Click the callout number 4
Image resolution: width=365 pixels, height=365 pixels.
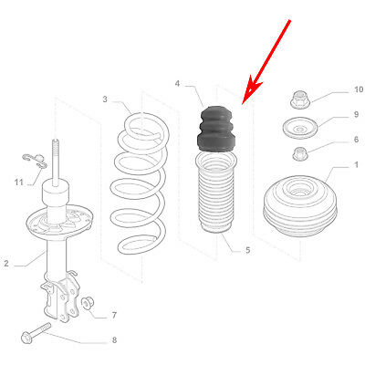[177, 84]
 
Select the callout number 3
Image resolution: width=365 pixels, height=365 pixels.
[105, 99]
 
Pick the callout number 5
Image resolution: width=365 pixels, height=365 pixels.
[246, 249]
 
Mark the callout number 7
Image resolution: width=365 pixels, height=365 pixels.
[113, 316]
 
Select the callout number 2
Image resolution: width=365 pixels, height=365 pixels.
[5, 264]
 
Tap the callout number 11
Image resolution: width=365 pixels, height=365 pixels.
[16, 182]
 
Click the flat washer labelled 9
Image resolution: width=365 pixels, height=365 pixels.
[297, 127]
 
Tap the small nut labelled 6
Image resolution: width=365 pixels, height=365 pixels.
[298, 152]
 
